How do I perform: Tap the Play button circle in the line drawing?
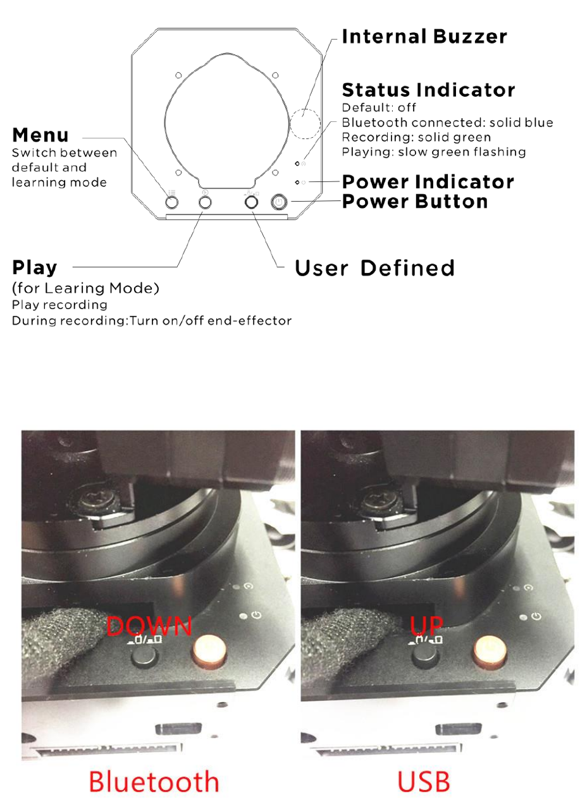coord(205,202)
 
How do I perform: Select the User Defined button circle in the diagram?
coord(251,202)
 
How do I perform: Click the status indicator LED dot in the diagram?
coord(297,163)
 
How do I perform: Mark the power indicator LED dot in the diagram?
coord(297,182)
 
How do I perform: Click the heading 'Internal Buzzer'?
coord(424,37)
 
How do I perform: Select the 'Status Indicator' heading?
coord(428,90)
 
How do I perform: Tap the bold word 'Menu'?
coord(40,135)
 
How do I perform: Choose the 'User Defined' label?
coord(375,268)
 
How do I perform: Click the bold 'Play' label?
coord(35,267)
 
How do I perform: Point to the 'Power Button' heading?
coord(415,202)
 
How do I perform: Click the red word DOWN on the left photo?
coord(149,626)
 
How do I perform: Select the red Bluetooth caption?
coord(154,782)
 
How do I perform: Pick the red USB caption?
coord(424,782)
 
